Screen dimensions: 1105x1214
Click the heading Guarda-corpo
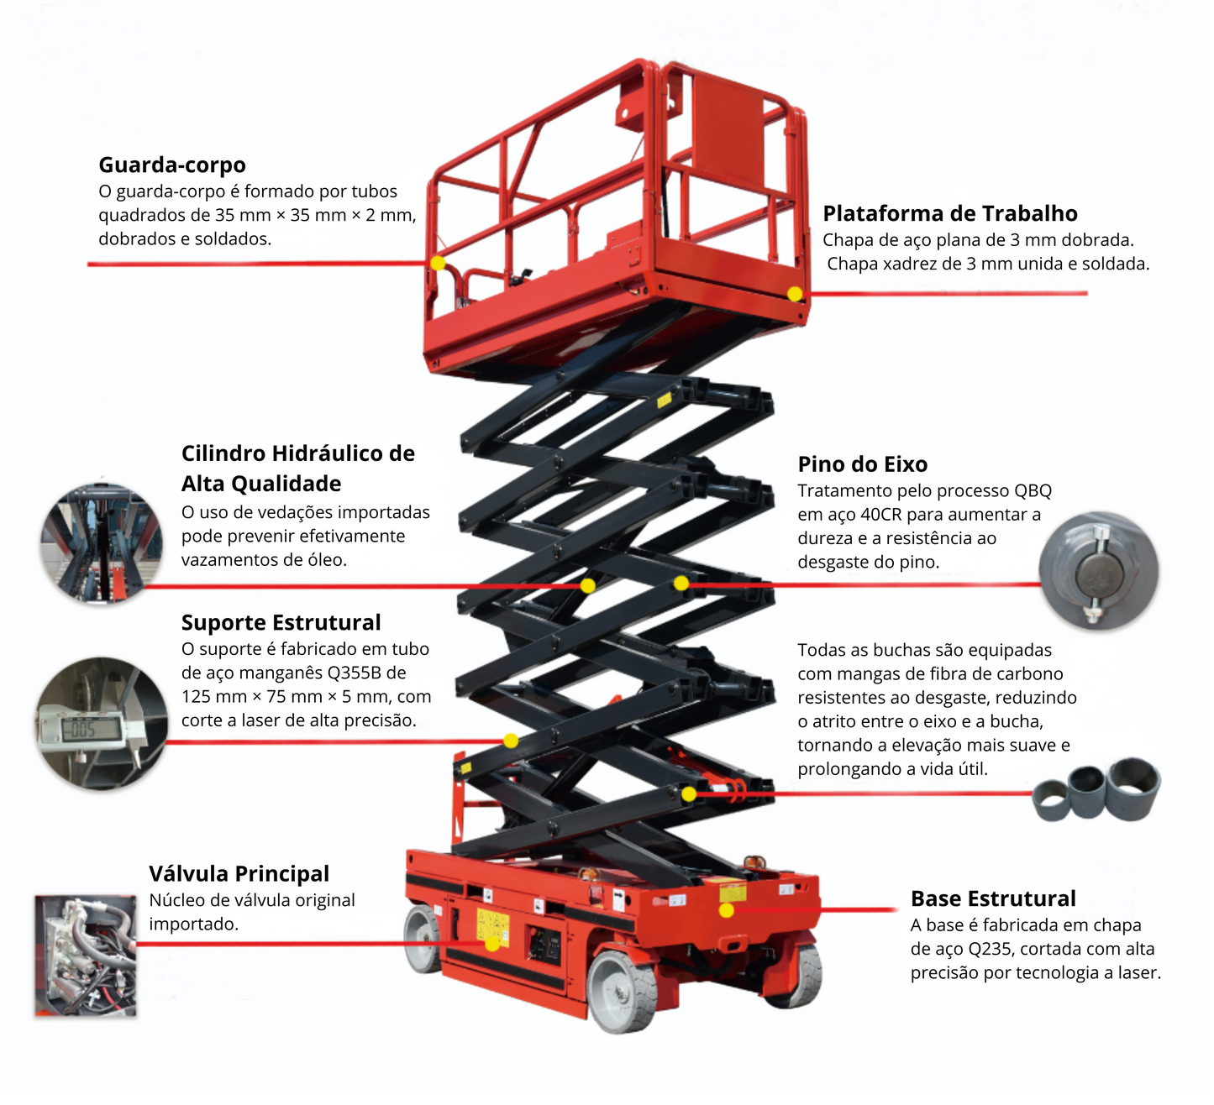(172, 165)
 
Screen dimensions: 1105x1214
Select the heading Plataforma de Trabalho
(949, 213)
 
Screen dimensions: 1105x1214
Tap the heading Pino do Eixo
(862, 464)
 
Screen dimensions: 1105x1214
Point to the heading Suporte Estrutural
(281, 622)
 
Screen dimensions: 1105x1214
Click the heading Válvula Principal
(239, 873)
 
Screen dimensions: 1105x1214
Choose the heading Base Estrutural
(992, 898)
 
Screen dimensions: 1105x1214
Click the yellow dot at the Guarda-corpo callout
(438, 263)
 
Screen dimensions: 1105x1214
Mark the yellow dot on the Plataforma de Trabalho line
(794, 294)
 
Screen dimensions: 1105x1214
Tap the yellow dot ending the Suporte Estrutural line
(510, 741)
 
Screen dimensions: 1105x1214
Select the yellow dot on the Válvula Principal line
(491, 944)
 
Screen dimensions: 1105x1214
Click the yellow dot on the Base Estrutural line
(727, 910)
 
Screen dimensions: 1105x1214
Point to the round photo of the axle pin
(1098, 571)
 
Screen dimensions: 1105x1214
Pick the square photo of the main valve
(85, 956)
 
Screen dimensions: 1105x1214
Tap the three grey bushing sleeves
(1096, 790)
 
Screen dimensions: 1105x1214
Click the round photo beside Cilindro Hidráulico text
(101, 542)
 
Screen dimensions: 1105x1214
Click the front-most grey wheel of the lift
(622, 992)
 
